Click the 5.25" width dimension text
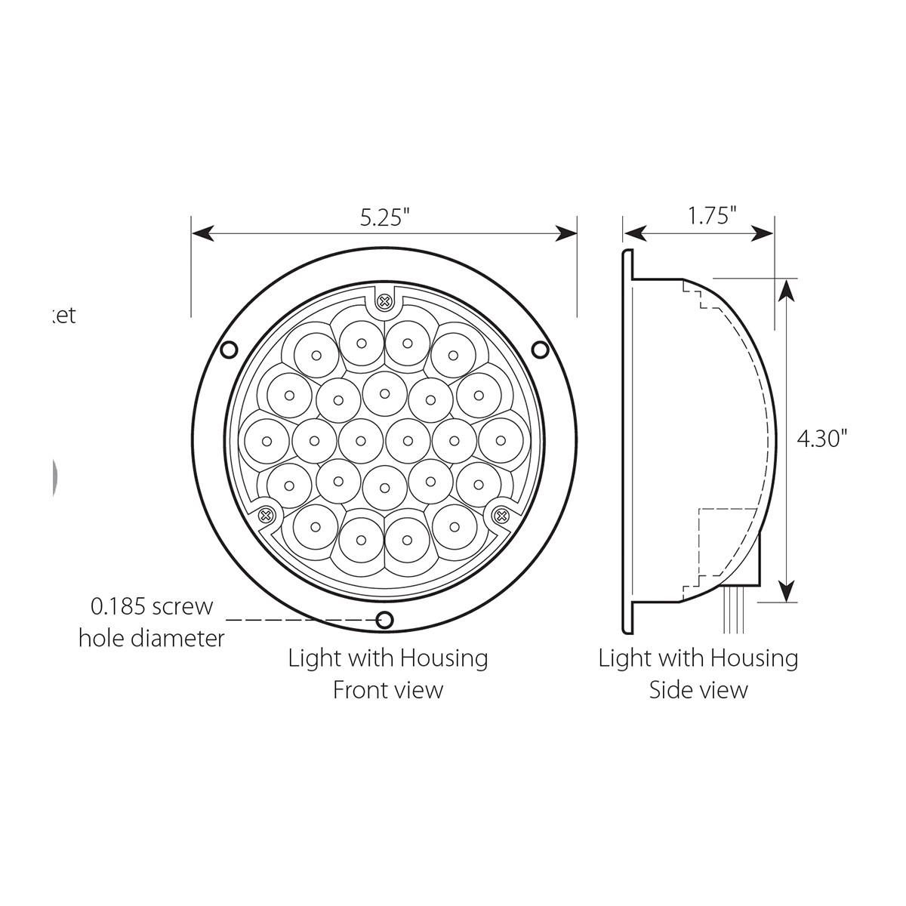[384, 217]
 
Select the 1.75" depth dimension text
[711, 217]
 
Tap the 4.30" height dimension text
[822, 438]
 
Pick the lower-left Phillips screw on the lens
[266, 516]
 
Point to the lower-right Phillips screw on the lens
[501, 516]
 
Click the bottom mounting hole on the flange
[385, 621]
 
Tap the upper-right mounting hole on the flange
[540, 350]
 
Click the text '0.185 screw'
[152, 606]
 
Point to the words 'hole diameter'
[152, 639]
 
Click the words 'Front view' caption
[388, 689]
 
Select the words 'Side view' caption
[698, 689]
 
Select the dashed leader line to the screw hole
[302, 621]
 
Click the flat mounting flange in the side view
[625, 438]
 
